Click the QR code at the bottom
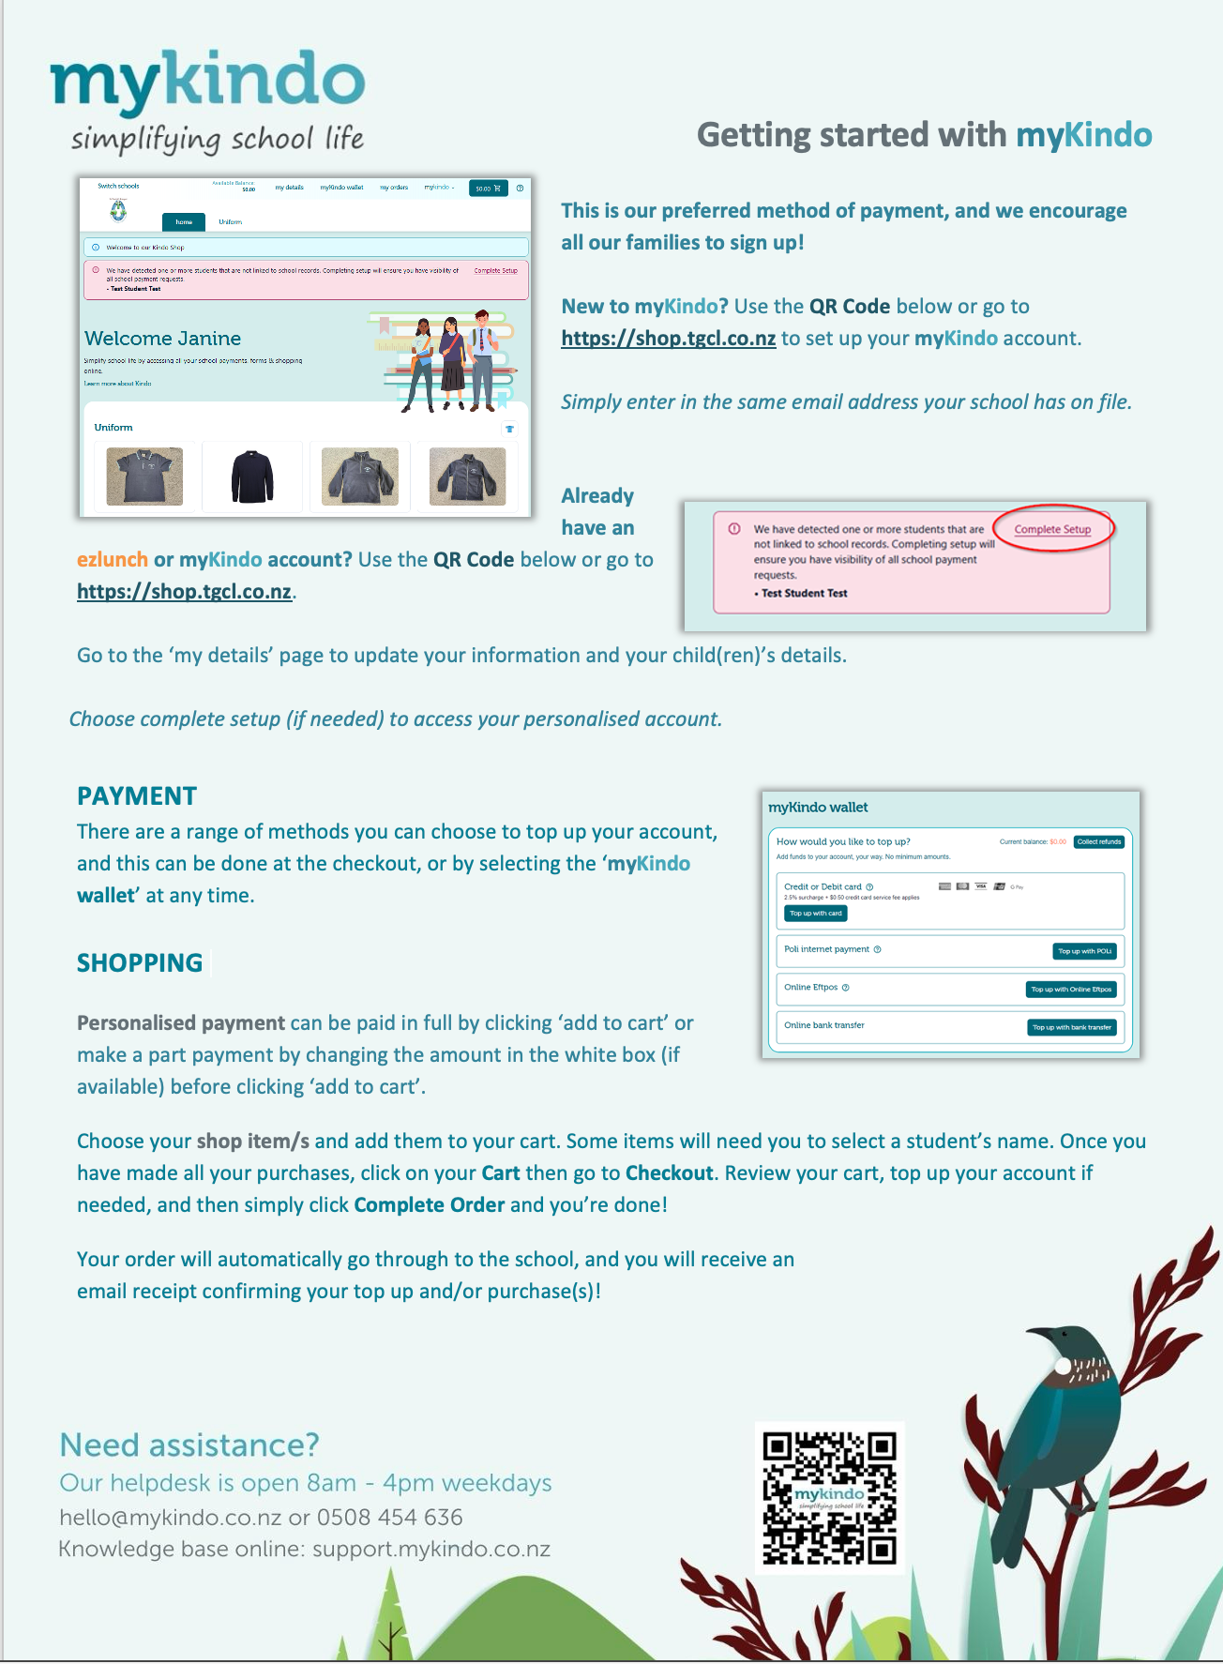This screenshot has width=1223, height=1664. point(829,1497)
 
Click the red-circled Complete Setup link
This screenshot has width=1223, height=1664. point(1052,529)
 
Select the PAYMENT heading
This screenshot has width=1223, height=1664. point(137,796)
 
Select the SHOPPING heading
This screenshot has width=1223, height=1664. point(140,963)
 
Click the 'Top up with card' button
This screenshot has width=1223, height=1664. point(815,914)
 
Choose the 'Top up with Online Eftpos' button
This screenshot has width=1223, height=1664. point(1071,990)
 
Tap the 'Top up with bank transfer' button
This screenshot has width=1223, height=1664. point(1072,1027)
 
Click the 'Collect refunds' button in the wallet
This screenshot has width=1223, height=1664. point(1099,841)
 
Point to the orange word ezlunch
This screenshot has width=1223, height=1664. point(113,560)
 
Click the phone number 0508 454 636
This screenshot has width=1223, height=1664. point(390,1518)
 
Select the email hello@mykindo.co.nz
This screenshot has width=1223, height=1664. point(170,1518)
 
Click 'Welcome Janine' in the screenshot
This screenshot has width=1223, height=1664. point(163,339)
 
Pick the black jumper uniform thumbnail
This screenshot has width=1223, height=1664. point(252,477)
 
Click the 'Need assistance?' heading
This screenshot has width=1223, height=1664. point(189,1445)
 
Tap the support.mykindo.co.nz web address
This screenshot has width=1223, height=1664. point(431,1550)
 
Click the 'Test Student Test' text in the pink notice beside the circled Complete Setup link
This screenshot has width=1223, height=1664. point(805,593)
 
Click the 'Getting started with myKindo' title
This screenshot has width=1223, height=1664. point(924,135)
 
